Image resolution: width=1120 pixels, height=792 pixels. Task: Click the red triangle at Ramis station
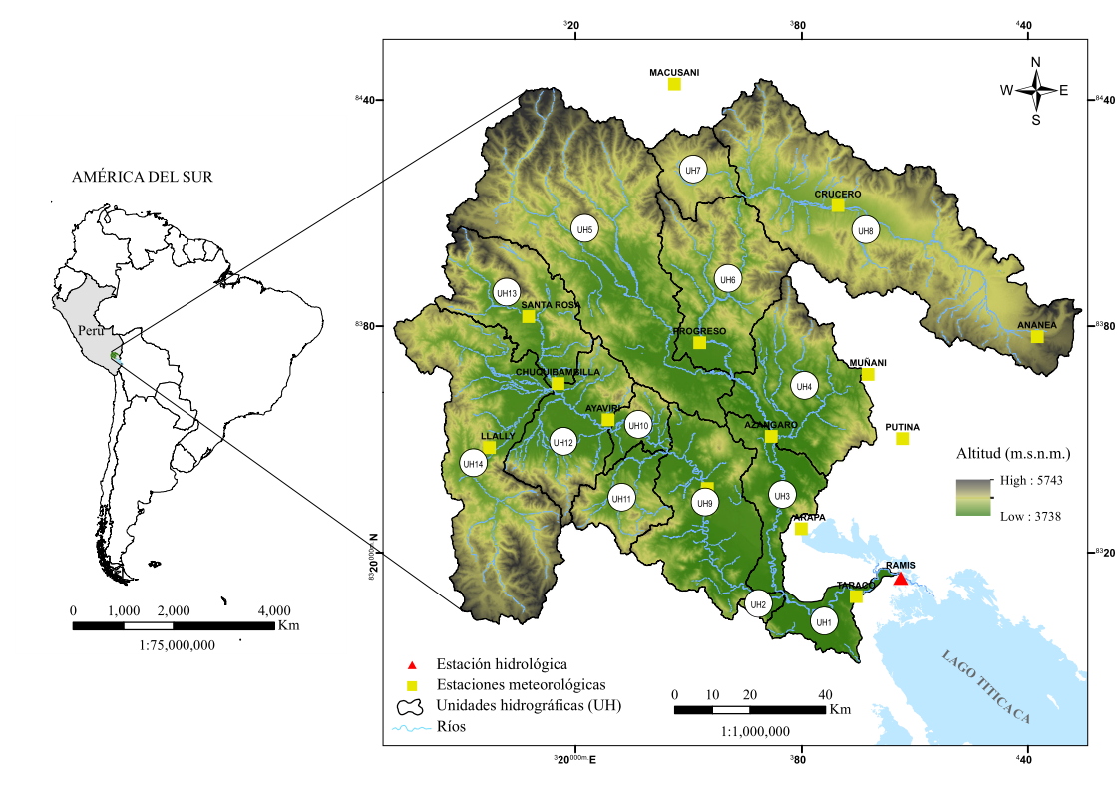tap(901, 579)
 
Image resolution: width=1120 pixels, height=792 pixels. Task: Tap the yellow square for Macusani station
tap(674, 84)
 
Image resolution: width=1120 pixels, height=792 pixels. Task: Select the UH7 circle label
tap(693, 170)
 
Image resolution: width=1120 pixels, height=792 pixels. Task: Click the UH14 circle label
tap(473, 463)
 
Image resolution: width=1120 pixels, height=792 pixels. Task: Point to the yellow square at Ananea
tap(1037, 337)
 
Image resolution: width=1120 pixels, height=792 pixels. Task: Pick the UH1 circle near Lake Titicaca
tap(823, 622)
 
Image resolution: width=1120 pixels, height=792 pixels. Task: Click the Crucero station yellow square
tap(838, 205)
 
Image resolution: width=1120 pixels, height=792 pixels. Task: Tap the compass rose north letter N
tap(1035, 62)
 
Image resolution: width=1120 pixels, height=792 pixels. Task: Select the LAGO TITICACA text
tap(985, 686)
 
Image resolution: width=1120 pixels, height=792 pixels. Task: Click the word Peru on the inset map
tap(91, 330)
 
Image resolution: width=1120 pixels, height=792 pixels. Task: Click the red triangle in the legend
tap(411, 664)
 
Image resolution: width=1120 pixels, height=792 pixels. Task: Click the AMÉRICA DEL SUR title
tap(142, 177)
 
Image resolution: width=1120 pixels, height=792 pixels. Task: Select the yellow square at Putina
tap(903, 439)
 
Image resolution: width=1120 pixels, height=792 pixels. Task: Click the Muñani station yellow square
tap(868, 375)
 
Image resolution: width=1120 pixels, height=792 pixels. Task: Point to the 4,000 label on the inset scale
tap(274, 610)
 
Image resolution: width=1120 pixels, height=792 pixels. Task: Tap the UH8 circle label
tap(866, 230)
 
